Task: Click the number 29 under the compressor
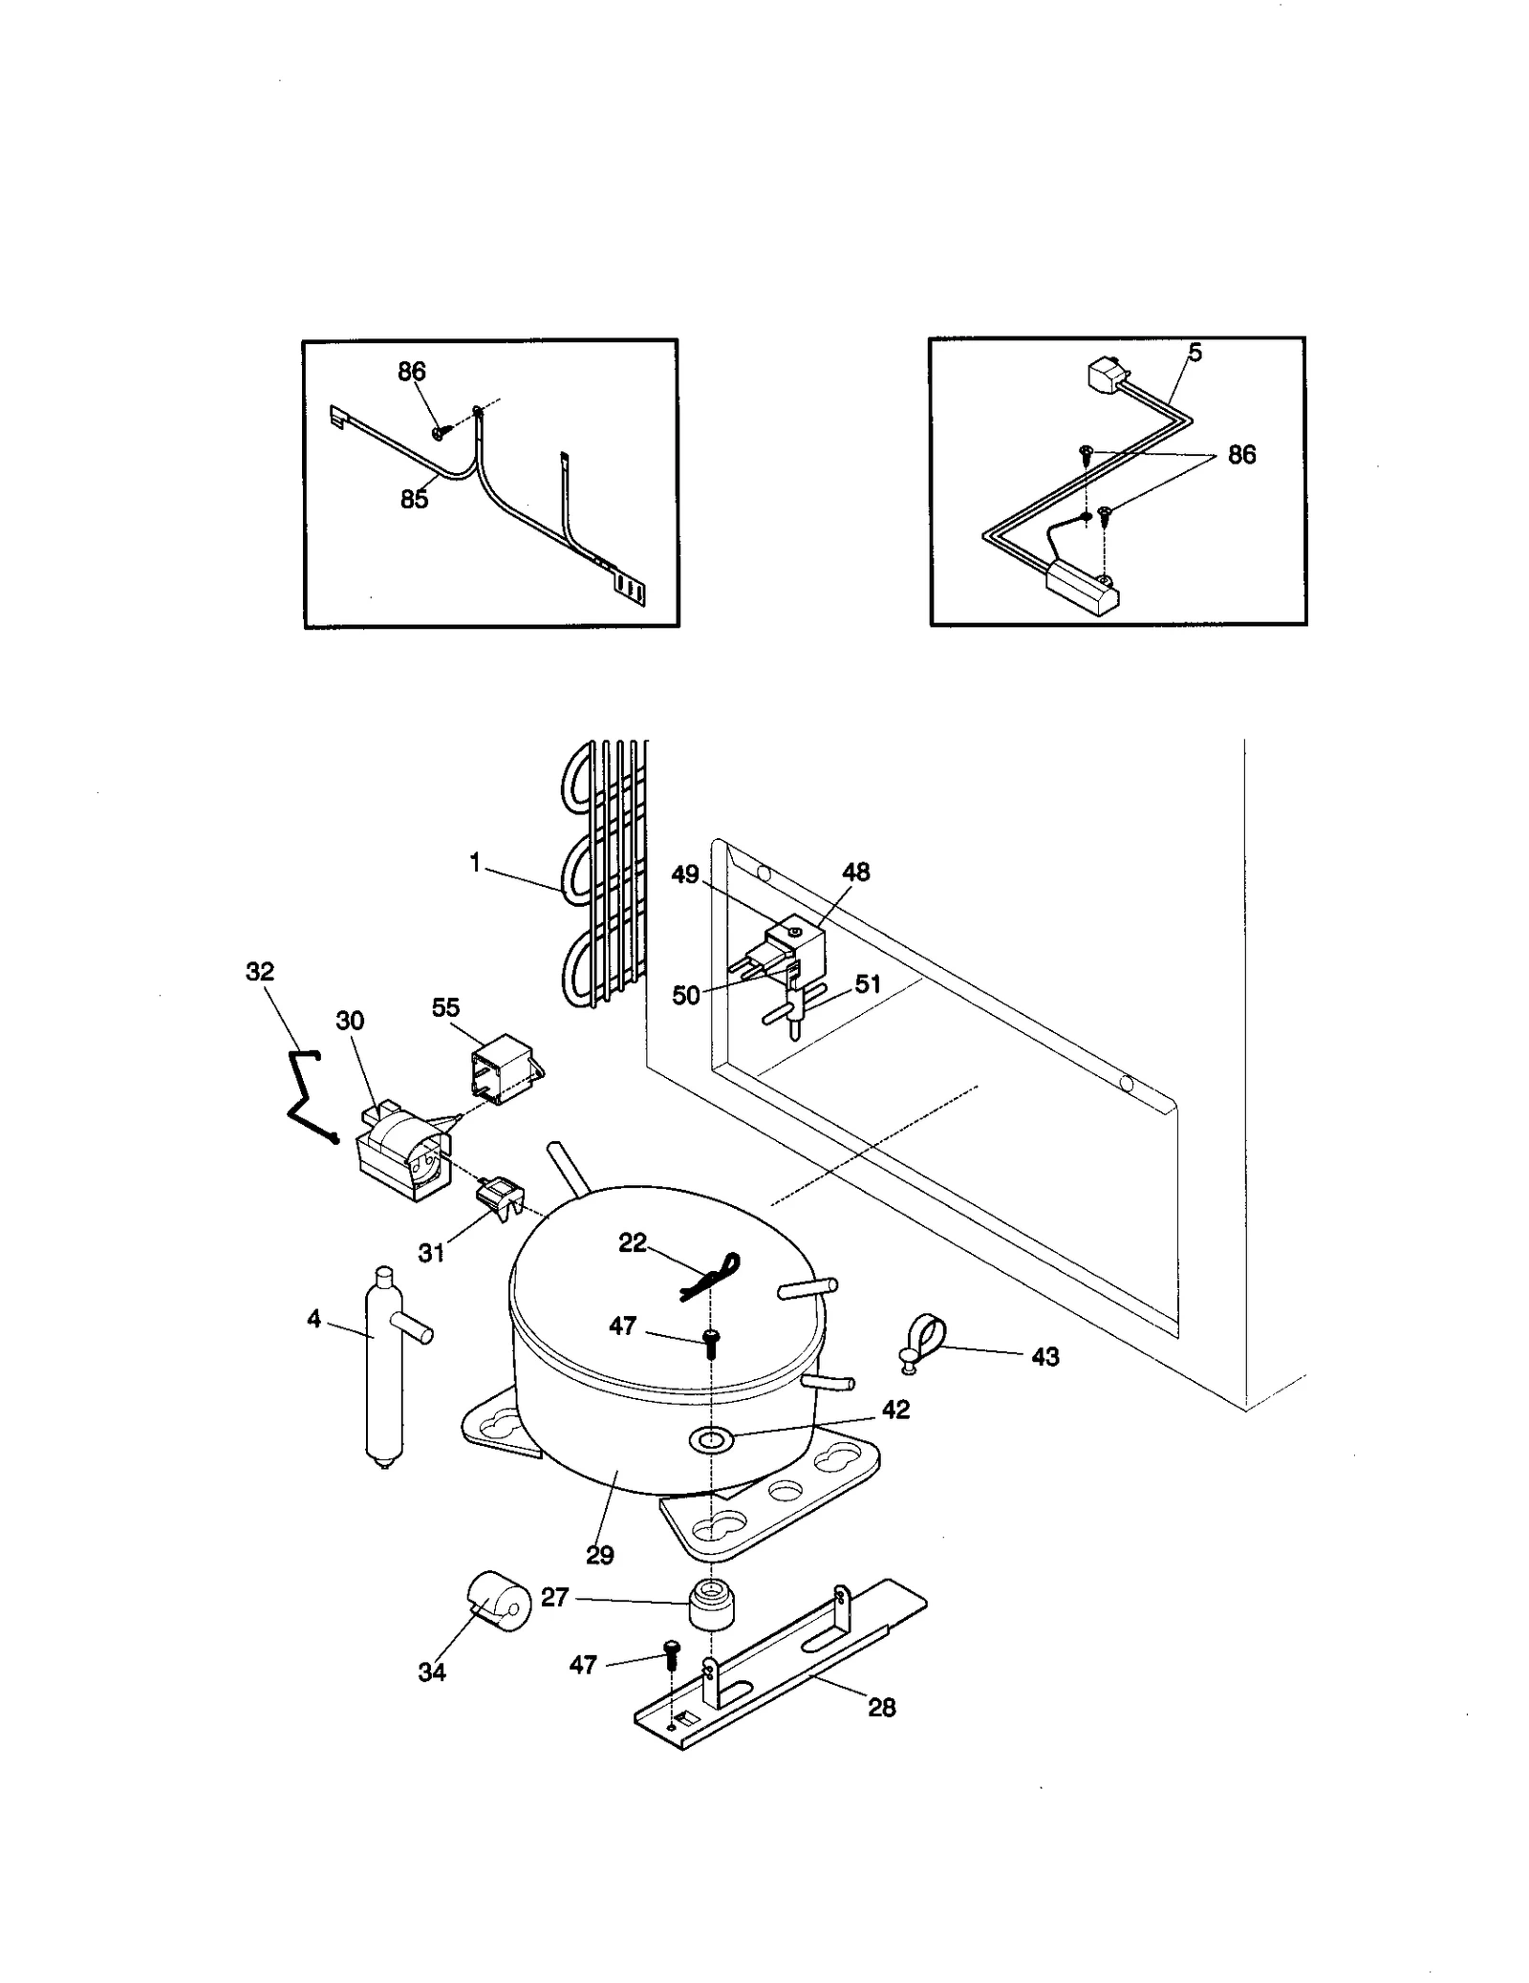point(599,1555)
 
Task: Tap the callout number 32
point(260,972)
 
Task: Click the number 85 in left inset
point(414,499)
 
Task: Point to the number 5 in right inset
point(1195,353)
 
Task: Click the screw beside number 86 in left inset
point(440,432)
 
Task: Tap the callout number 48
point(855,872)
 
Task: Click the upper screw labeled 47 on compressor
point(711,1342)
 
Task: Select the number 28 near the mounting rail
point(881,1707)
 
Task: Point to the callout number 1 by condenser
point(475,862)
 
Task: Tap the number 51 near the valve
point(867,983)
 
